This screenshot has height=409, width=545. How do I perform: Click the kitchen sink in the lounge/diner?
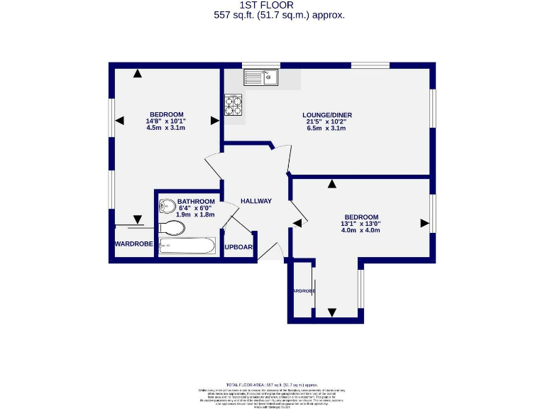point(263,77)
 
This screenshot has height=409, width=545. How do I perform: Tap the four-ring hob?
point(233,104)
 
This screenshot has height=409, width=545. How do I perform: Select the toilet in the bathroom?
point(172,227)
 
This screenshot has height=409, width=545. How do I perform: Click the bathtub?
point(187,246)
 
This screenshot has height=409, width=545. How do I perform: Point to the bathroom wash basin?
point(167,207)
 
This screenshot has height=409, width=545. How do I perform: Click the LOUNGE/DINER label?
point(327,115)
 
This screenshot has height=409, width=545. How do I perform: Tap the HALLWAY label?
point(255,201)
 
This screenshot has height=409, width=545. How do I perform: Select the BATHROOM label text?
point(196,201)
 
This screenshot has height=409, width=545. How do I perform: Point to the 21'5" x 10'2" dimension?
point(327,121)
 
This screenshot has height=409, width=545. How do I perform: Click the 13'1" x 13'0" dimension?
point(361,224)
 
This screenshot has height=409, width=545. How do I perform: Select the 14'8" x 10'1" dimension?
point(166,121)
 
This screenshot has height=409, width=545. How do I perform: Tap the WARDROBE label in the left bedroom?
point(133,244)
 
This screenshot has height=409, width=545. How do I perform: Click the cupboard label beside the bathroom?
point(239,247)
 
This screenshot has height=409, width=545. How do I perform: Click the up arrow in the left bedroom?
point(137,72)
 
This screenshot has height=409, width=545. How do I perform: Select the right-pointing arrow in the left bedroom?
point(214,121)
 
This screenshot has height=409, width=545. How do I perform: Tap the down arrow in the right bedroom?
point(332,312)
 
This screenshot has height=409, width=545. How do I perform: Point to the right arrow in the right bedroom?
point(424,223)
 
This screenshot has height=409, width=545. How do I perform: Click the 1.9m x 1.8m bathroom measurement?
point(196,214)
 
